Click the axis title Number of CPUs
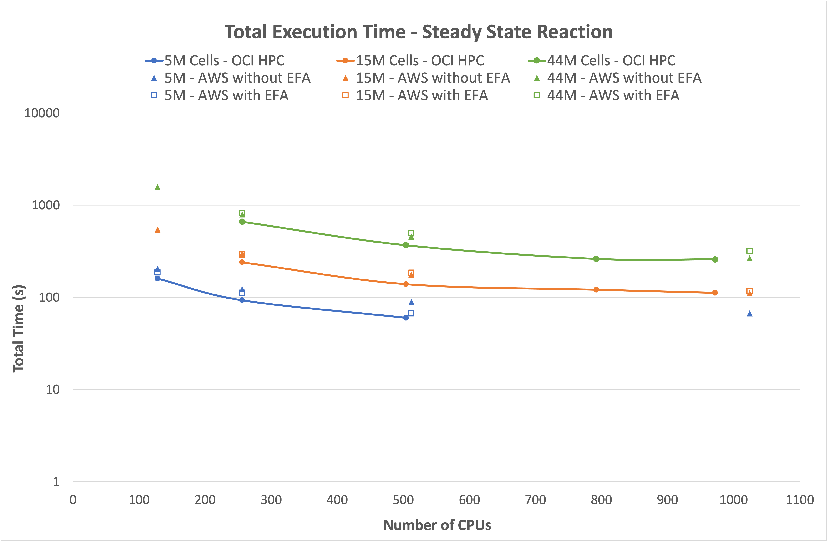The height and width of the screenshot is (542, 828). click(437, 525)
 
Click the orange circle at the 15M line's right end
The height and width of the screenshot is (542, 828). click(715, 293)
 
